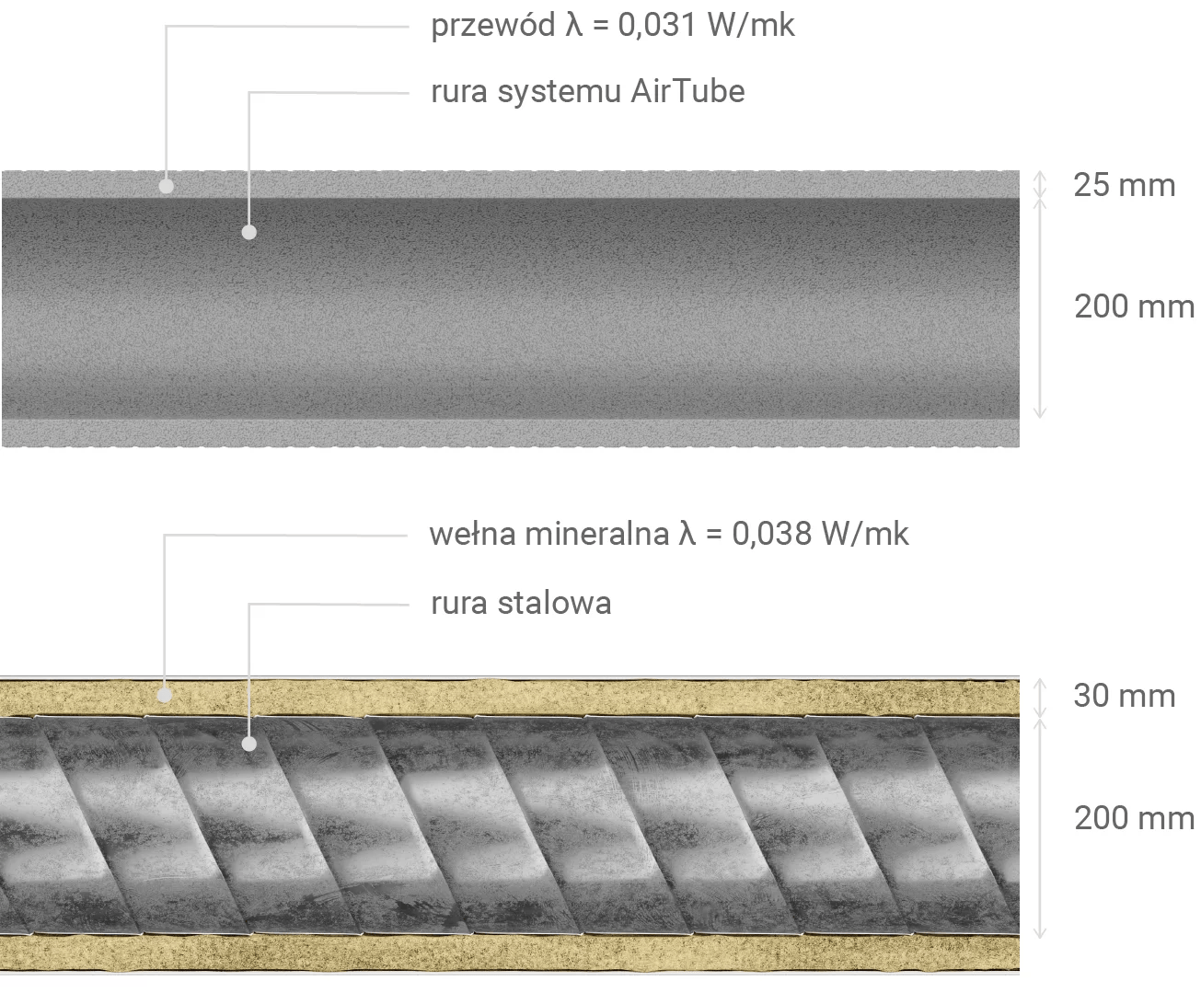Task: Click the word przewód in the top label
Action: point(493,27)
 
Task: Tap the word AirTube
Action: point(688,91)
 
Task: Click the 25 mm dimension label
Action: point(1125,185)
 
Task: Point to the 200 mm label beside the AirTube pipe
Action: point(1134,306)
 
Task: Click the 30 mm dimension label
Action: point(1125,696)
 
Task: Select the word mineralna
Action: point(597,534)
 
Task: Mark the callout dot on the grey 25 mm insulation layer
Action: point(167,186)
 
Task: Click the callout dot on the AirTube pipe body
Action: point(249,233)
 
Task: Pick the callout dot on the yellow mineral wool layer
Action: point(165,695)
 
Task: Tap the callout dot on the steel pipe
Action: point(249,744)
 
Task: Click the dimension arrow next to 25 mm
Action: point(1039,185)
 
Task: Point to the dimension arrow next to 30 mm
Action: point(1039,698)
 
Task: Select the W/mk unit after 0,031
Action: point(751,26)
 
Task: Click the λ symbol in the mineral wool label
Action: point(687,534)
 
